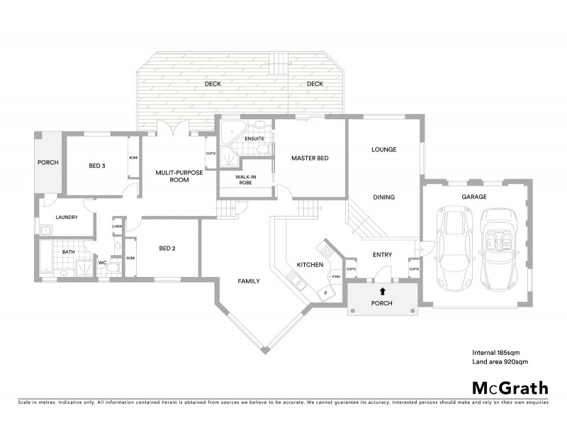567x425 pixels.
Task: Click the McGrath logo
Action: pos(510,387)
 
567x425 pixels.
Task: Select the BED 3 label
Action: pos(97,166)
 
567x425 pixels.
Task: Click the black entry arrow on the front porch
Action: pos(383,290)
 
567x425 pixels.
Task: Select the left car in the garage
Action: pos(453,246)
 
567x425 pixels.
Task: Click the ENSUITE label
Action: pos(254,138)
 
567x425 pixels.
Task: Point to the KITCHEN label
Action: pos(310,264)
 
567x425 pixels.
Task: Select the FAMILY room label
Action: pos(248,281)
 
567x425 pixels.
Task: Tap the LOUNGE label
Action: pos(383,149)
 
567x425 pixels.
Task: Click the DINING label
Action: pos(383,197)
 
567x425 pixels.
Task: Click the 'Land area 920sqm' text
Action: pos(500,362)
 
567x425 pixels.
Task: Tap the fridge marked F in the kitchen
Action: pos(325,292)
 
